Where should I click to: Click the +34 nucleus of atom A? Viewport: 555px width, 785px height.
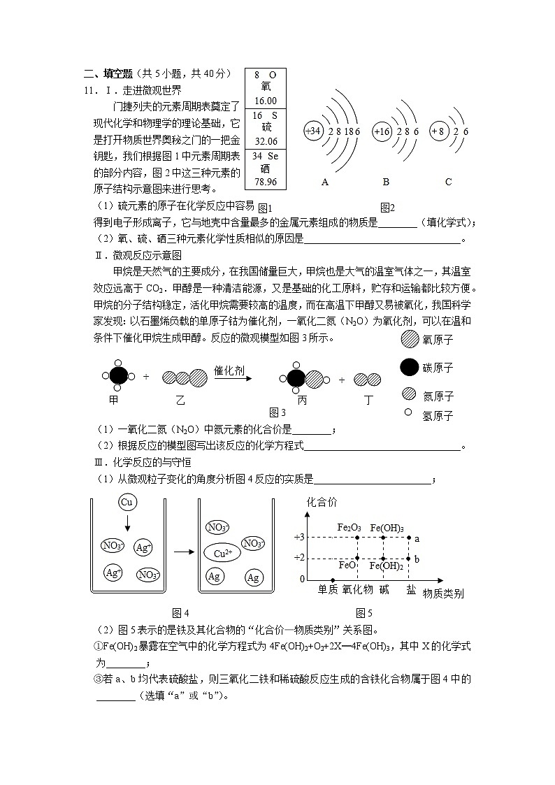(x=314, y=131)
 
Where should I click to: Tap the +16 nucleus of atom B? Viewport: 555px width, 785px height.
(x=382, y=131)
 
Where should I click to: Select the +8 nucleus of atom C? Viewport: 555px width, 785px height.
(x=438, y=131)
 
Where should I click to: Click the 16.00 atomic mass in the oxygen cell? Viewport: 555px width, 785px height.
(x=266, y=101)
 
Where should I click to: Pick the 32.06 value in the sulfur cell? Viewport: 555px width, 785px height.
(x=266, y=141)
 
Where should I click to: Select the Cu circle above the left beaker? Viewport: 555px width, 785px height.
(x=127, y=503)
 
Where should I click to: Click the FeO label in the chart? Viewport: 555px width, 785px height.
(x=347, y=564)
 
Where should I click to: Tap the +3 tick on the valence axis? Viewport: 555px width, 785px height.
(x=298, y=537)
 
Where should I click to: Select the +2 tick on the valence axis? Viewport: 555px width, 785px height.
(x=298, y=558)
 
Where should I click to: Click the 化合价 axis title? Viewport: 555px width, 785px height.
(x=322, y=503)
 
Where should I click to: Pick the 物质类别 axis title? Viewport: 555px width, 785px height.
(x=443, y=593)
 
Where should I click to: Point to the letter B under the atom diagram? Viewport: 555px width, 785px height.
(x=386, y=182)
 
